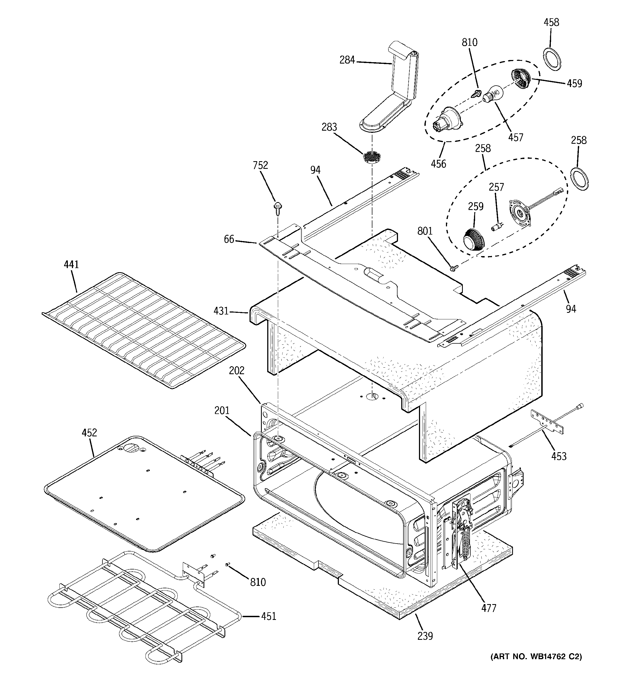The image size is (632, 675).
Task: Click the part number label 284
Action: pos(347,60)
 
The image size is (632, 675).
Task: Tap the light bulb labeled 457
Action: pos(491,92)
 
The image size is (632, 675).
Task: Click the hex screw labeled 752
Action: pos(277,208)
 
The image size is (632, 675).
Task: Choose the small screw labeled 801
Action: pos(453,268)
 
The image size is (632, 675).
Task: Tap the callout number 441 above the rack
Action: pos(71,264)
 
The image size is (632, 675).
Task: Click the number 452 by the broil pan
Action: pos(89,432)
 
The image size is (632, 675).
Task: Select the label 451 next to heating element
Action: pos(268,616)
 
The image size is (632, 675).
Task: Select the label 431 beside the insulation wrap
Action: pos(221,311)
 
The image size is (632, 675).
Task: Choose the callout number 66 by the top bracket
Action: pos(229,239)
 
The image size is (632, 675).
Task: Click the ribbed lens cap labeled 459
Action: pos(521,79)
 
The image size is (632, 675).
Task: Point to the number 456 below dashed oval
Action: pos(438,164)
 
